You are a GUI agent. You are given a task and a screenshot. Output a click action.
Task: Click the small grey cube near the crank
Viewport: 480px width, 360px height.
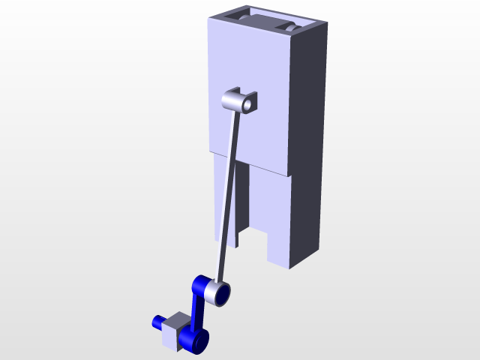point(175,331)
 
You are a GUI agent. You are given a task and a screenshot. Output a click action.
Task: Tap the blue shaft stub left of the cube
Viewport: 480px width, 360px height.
point(158,322)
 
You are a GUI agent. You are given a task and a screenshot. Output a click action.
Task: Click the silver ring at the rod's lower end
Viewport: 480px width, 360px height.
point(219,292)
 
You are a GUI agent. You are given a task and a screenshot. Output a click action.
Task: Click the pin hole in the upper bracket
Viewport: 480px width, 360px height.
point(244,103)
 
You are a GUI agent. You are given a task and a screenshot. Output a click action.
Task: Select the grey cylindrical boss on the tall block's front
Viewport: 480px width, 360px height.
point(233,100)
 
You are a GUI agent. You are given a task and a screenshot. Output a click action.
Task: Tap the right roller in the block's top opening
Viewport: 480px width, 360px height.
point(292,28)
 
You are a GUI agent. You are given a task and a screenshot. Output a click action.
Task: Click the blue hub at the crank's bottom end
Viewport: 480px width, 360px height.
point(199,343)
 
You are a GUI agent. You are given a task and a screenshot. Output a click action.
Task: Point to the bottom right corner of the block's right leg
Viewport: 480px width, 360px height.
point(291,267)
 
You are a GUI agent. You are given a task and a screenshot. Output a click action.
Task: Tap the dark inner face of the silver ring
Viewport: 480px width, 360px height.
point(223,292)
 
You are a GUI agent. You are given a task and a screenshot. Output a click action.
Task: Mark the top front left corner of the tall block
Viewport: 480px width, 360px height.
point(208,19)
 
